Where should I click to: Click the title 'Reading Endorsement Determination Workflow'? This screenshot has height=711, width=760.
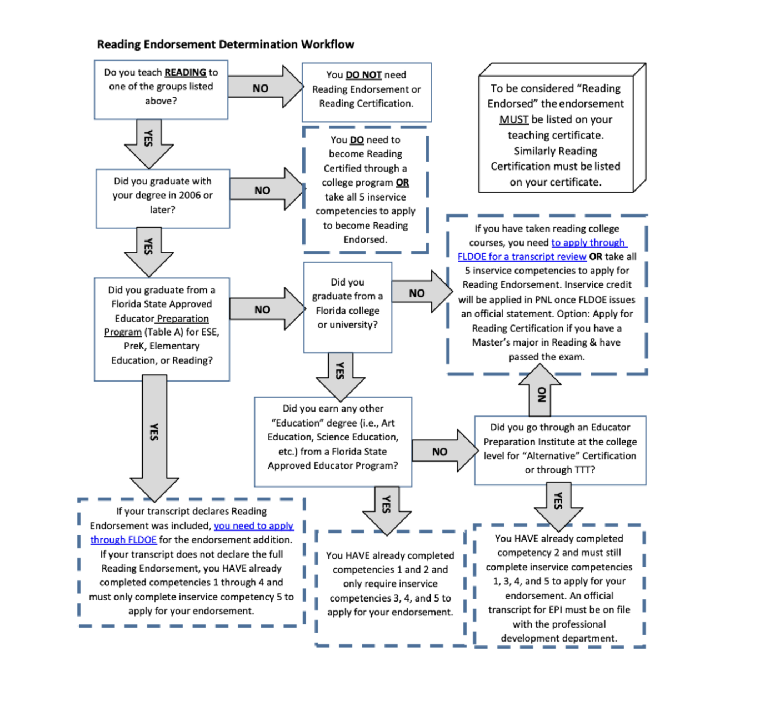[226, 44]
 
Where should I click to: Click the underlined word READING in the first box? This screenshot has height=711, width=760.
[185, 72]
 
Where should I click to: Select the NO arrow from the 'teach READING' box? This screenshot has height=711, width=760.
[266, 87]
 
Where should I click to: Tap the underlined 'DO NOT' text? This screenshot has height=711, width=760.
[363, 74]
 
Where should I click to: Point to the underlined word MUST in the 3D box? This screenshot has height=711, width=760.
[513, 119]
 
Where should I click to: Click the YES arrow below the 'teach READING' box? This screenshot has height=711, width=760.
[148, 143]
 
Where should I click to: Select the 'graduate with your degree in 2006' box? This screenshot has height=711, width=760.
[163, 199]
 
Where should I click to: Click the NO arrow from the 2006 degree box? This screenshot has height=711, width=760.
[267, 189]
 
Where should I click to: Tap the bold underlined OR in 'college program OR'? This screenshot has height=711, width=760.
[402, 183]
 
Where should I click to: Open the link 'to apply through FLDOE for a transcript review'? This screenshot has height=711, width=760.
[542, 249]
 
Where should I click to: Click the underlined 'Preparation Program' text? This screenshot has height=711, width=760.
[157, 326]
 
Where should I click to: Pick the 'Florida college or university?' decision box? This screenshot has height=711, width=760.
[347, 307]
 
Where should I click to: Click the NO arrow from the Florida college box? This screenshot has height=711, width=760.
[422, 292]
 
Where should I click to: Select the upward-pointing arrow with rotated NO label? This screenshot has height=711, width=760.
[539, 389]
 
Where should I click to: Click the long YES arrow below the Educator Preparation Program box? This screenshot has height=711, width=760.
[154, 438]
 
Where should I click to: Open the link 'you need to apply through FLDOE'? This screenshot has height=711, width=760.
[192, 533]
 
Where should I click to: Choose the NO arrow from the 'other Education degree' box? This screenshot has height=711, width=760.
[444, 450]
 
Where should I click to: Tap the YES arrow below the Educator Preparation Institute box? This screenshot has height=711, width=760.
[558, 507]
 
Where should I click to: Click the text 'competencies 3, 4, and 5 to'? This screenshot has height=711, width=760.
[390, 598]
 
